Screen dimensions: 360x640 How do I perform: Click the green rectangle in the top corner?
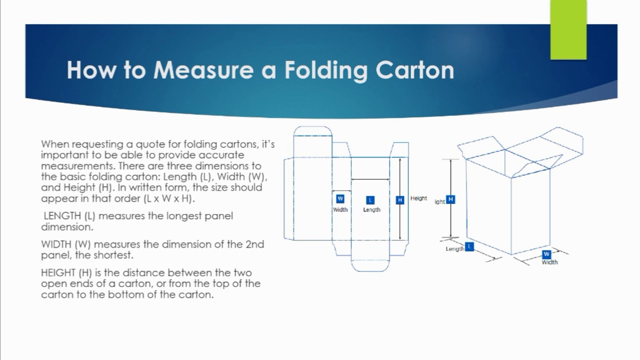(x=568, y=30)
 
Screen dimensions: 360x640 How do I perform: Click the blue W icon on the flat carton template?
(x=340, y=198)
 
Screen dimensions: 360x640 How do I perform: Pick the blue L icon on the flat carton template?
(x=370, y=200)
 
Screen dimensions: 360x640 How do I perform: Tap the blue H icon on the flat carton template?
(x=399, y=200)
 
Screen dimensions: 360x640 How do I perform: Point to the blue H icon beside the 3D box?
(x=450, y=199)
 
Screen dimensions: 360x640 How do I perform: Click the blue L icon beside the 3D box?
(x=469, y=246)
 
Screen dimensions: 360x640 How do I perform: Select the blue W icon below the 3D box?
(x=546, y=254)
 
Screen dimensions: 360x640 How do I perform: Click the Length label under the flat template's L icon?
(x=371, y=210)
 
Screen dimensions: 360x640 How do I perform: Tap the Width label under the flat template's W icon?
(x=340, y=209)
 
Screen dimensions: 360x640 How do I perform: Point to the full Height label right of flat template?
(x=418, y=198)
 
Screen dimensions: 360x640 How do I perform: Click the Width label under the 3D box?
(x=549, y=262)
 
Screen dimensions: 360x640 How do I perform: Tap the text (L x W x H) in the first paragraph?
(x=168, y=198)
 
